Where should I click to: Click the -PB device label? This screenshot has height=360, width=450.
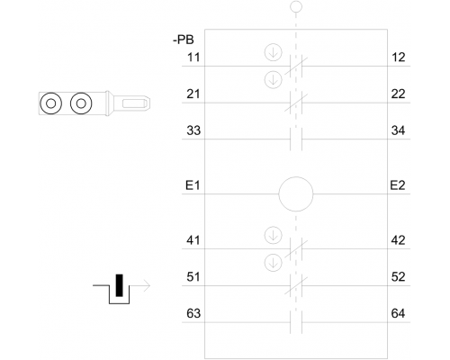pyautogui.click(x=184, y=40)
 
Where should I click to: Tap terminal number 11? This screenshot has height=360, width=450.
pyautogui.click(x=193, y=57)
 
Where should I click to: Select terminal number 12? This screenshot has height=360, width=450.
pyautogui.click(x=399, y=57)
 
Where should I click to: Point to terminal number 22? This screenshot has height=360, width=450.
pyautogui.click(x=398, y=94)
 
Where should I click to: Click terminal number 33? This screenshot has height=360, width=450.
pyautogui.click(x=193, y=130)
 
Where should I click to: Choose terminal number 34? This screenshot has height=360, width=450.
pyautogui.click(x=398, y=130)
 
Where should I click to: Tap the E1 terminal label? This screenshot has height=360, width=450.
pyautogui.click(x=193, y=185)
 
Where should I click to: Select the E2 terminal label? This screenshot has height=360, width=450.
pyautogui.click(x=398, y=185)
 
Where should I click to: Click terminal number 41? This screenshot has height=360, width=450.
pyautogui.click(x=193, y=240)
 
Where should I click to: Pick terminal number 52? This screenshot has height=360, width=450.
pyautogui.click(x=398, y=276)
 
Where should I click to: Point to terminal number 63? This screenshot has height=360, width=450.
pyautogui.click(x=193, y=313)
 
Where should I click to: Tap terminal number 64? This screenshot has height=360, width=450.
pyautogui.click(x=398, y=313)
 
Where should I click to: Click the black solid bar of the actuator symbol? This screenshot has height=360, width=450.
pyautogui.click(x=120, y=285)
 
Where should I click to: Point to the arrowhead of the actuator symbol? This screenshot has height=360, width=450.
pyautogui.click(x=147, y=285)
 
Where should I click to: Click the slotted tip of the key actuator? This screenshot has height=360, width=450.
pyautogui.click(x=136, y=103)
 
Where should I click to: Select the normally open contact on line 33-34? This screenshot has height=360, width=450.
pyautogui.click(x=296, y=139)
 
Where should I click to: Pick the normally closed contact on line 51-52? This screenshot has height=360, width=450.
pyautogui.click(x=296, y=285)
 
